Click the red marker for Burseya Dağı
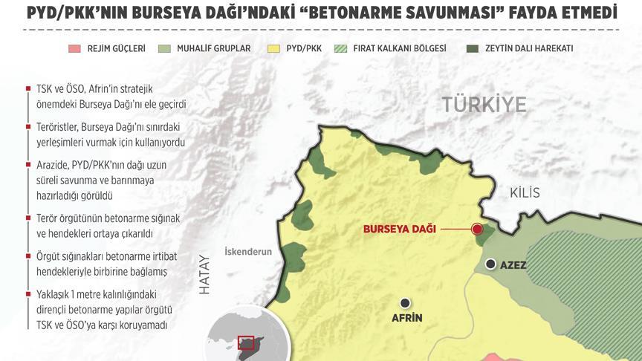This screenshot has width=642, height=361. pos(477,230)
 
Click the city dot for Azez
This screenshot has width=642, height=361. pos(490,264)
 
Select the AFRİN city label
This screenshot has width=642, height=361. pos(406,318)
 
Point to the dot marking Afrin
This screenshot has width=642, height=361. pos(405,302)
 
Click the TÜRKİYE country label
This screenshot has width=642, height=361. pos(484,105)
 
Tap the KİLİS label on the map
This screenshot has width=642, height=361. pos(525,193)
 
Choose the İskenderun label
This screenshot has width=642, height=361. pos(248,252)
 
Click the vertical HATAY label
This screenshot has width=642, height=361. pos(206,276)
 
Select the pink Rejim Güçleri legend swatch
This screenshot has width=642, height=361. pos(74,49)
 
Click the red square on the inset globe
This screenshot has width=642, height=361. pos(245,342)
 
